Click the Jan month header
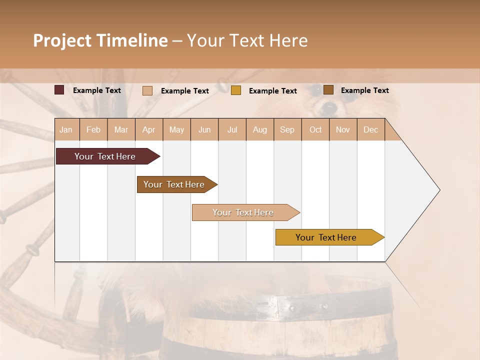pos(66,129)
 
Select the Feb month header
pos(93,129)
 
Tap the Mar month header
pos(121,129)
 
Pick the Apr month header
pos(149,129)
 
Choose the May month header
pos(176,129)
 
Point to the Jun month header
pos(204,129)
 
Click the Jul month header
pos(232,129)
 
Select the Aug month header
pos(260,129)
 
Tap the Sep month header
pos(287,129)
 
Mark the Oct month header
pos(315,129)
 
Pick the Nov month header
pos(343,129)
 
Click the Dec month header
pos(371,129)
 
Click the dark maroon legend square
pos(59,90)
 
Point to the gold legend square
pos(236,90)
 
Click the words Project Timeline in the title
pos(100,40)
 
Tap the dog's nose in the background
pos(329,106)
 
